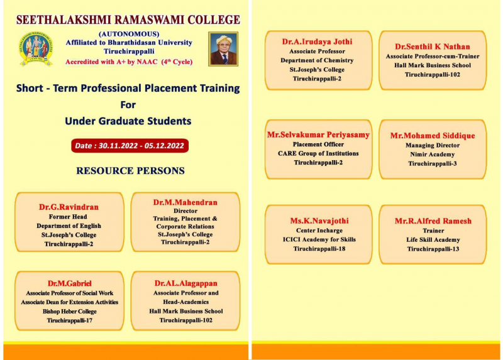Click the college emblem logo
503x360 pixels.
36,49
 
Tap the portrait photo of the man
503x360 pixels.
223,49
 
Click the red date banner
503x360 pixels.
130,146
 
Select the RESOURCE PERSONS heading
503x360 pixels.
130,170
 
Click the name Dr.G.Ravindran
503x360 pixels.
69,207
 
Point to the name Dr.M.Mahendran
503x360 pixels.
185,202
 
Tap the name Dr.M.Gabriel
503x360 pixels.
70,283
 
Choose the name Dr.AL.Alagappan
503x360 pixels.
185,283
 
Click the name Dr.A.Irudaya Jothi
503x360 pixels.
317,41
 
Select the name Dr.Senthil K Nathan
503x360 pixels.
433,46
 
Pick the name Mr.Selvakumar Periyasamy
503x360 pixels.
318,134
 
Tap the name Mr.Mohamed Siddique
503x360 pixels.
433,136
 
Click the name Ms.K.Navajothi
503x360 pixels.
319,221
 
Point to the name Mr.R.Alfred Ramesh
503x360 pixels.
433,221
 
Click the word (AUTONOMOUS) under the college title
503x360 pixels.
129,34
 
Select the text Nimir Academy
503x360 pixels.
433,155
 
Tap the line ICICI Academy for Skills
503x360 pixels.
319,239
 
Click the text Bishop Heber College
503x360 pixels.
70,311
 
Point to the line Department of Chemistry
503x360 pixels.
317,60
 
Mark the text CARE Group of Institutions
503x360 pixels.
318,153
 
